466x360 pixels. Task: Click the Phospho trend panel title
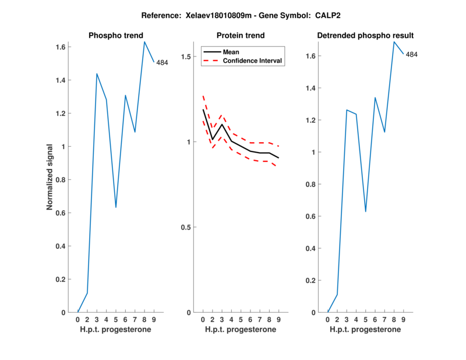(115, 36)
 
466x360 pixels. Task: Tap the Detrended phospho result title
(365, 36)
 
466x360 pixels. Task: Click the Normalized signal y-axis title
(51, 177)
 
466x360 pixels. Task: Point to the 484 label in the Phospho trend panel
(162, 63)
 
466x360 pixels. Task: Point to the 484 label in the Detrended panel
(412, 55)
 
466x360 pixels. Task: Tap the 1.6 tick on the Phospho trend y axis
(61, 47)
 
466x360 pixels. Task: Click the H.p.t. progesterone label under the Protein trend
(240, 330)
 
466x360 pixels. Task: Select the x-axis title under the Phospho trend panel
(115, 330)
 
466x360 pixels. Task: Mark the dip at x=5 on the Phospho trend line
(116, 207)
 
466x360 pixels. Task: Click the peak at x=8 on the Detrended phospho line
(394, 41)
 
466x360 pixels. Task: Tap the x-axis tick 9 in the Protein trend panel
(278, 319)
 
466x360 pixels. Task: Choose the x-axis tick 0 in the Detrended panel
(328, 319)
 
